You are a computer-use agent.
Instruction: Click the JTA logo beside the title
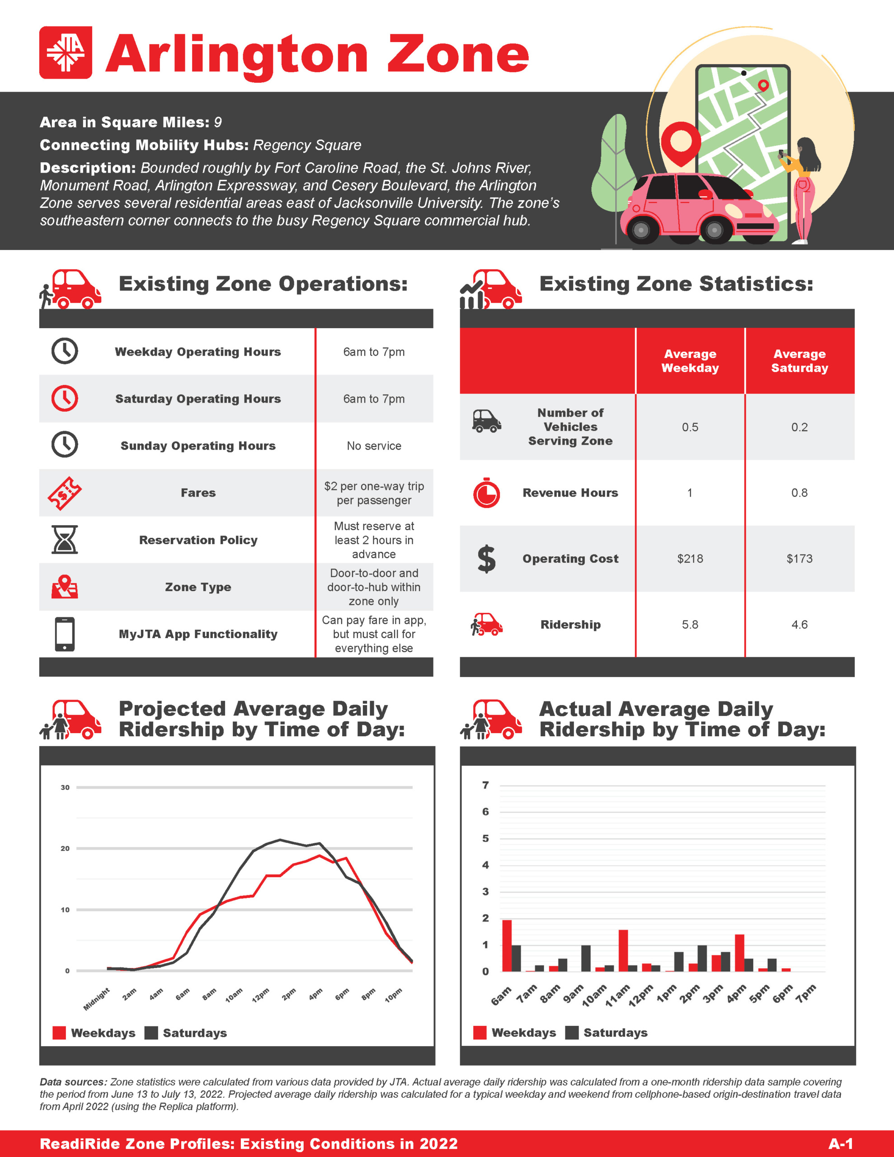(66, 52)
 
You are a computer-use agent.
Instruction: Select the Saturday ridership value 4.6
(799, 625)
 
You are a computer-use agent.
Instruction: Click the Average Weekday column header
(690, 361)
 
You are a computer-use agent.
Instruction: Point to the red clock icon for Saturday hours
(65, 398)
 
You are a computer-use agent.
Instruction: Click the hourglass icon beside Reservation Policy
(65, 539)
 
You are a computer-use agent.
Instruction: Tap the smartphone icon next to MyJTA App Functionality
(65, 634)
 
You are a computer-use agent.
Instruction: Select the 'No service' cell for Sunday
(374, 446)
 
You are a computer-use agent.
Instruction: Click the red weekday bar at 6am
(507, 945)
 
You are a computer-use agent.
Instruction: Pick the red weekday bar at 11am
(623, 950)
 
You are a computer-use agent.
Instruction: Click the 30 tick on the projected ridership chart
(65, 787)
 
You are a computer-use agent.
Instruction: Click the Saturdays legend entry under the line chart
(186, 1033)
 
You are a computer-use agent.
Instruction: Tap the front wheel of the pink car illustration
(715, 230)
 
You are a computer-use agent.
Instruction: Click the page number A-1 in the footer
(841, 1143)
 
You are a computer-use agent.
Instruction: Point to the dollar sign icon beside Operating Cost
(486, 559)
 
